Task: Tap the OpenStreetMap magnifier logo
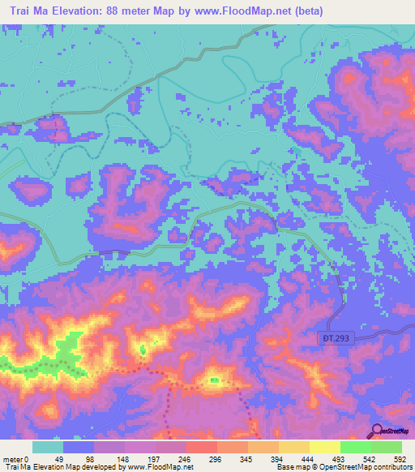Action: [x=377, y=431]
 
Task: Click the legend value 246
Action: [x=186, y=458]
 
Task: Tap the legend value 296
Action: [x=217, y=458]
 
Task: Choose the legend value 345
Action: [x=248, y=458]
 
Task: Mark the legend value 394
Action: [x=279, y=458]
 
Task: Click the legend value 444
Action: [x=309, y=458]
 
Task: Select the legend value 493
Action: [x=340, y=458]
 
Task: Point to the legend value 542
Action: [x=370, y=458]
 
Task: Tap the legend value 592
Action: [x=400, y=458]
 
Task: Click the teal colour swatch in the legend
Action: [x=49, y=447]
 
